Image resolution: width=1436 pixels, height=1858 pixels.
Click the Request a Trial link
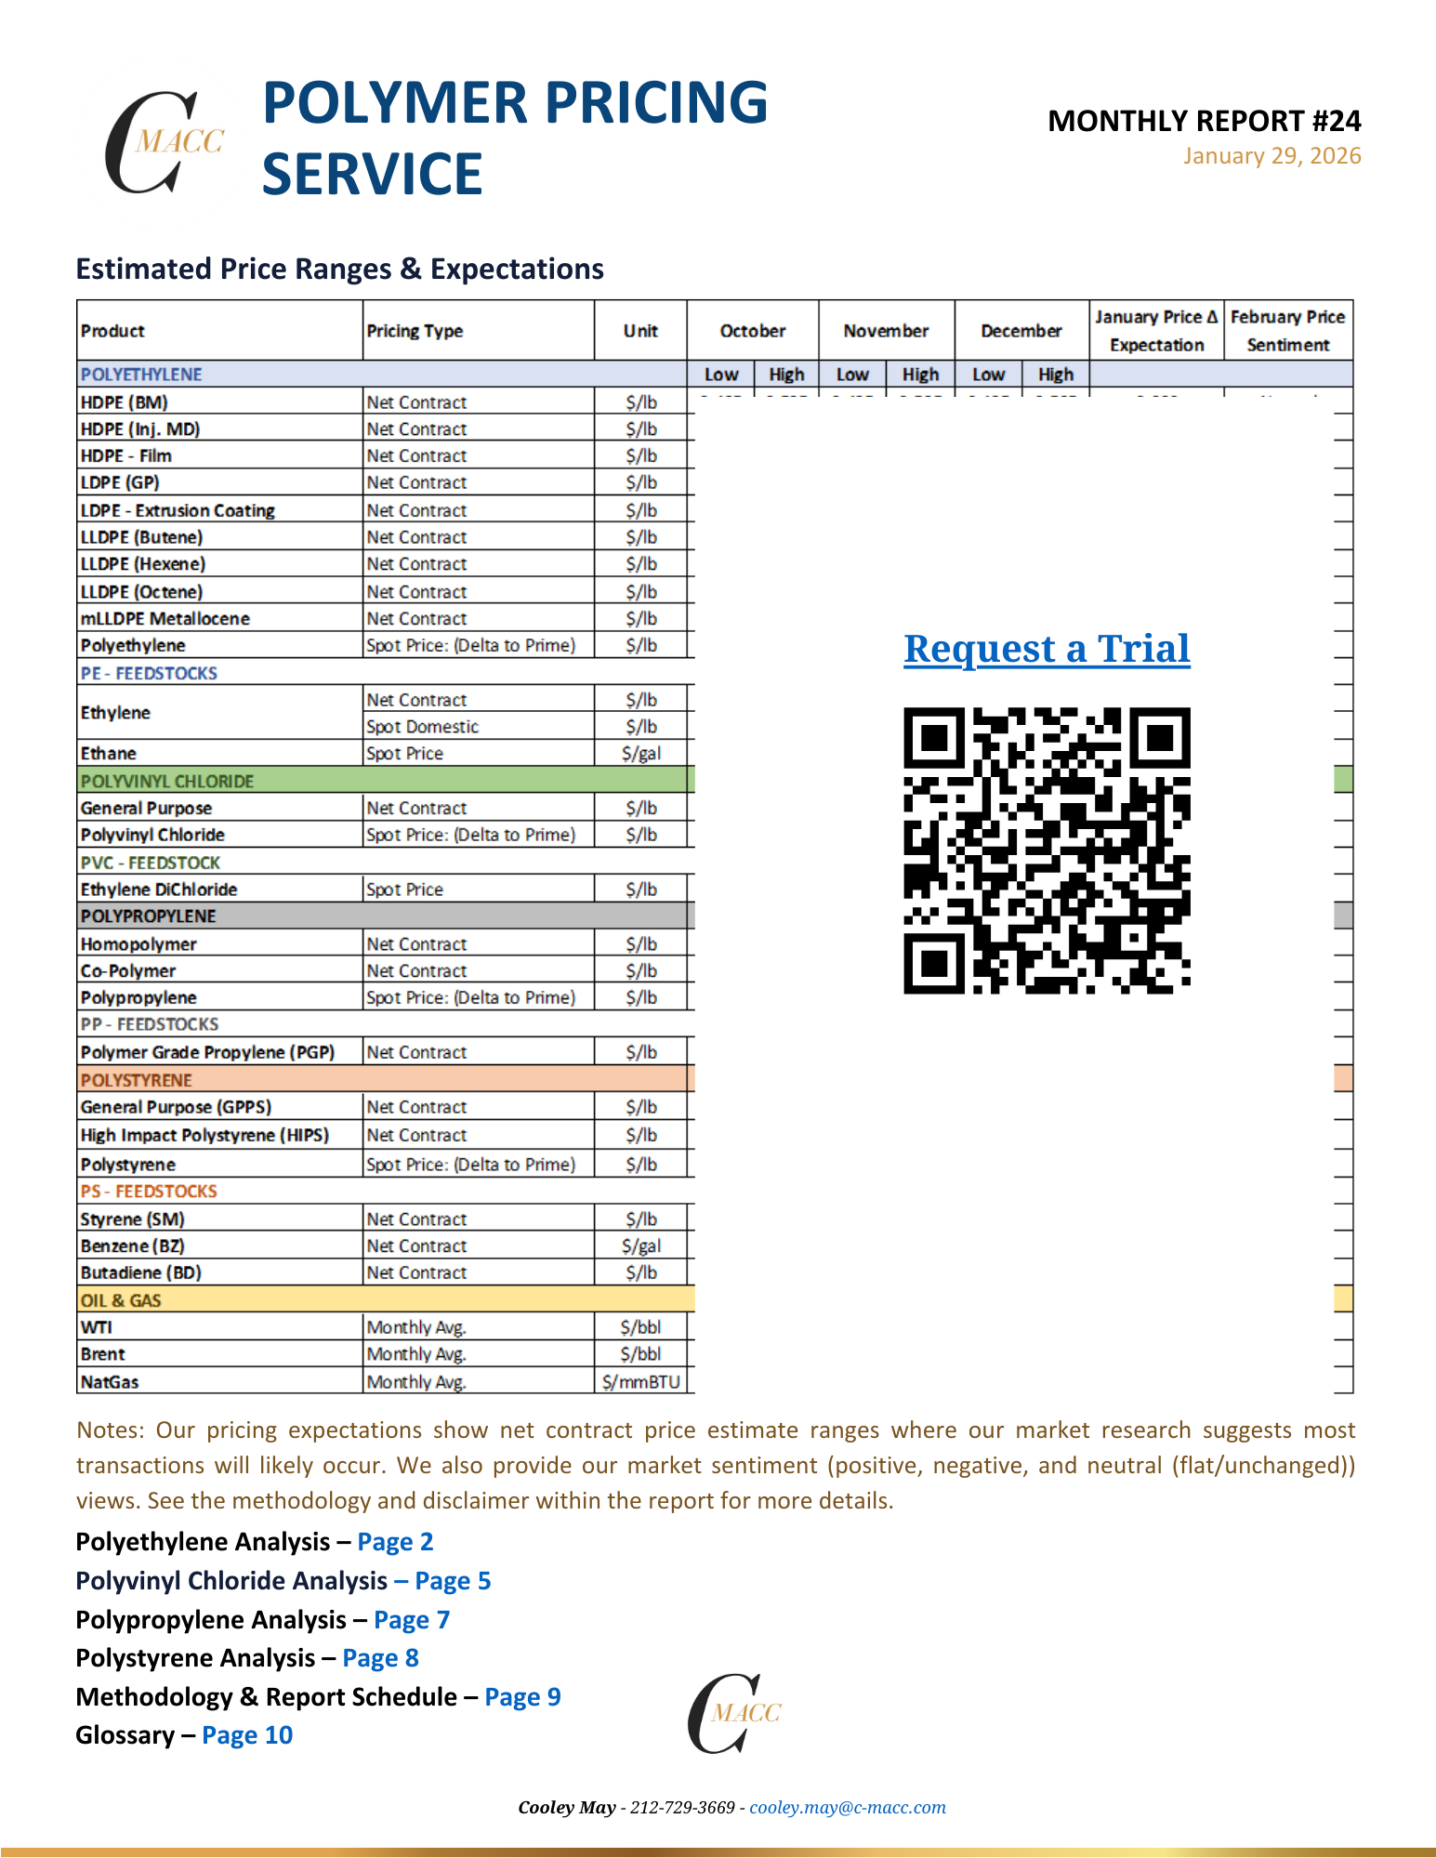pos(1047,649)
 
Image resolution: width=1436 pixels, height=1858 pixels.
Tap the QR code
pos(1047,850)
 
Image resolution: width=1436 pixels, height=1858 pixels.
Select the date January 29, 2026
pos(1271,156)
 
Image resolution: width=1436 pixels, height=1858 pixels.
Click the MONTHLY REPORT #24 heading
pos(1204,121)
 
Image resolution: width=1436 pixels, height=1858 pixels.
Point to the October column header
pos(752,331)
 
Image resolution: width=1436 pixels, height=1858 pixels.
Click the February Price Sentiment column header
pos(1287,331)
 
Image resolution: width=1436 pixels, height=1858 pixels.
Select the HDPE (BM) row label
pos(125,402)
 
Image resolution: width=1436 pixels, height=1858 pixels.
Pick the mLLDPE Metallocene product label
pos(165,619)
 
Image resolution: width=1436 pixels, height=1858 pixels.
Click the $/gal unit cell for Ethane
pos(641,754)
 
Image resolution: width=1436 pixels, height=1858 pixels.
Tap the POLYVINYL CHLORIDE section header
pos(167,781)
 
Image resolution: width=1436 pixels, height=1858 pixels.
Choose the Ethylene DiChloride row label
pos(159,889)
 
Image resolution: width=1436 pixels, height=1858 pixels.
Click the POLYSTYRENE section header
pos(137,1080)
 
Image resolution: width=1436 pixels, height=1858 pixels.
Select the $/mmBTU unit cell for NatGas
pos(641,1382)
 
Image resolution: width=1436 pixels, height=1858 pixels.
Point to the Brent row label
pos(103,1354)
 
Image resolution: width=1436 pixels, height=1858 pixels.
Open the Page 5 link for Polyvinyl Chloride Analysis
pos(453,1581)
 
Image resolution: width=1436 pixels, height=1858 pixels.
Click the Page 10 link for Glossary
pos(247,1735)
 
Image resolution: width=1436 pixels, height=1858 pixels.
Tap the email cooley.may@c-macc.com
pos(848,1808)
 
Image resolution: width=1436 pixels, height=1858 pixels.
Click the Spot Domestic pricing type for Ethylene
pos(423,727)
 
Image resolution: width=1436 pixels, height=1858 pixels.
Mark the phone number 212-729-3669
pos(682,1808)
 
